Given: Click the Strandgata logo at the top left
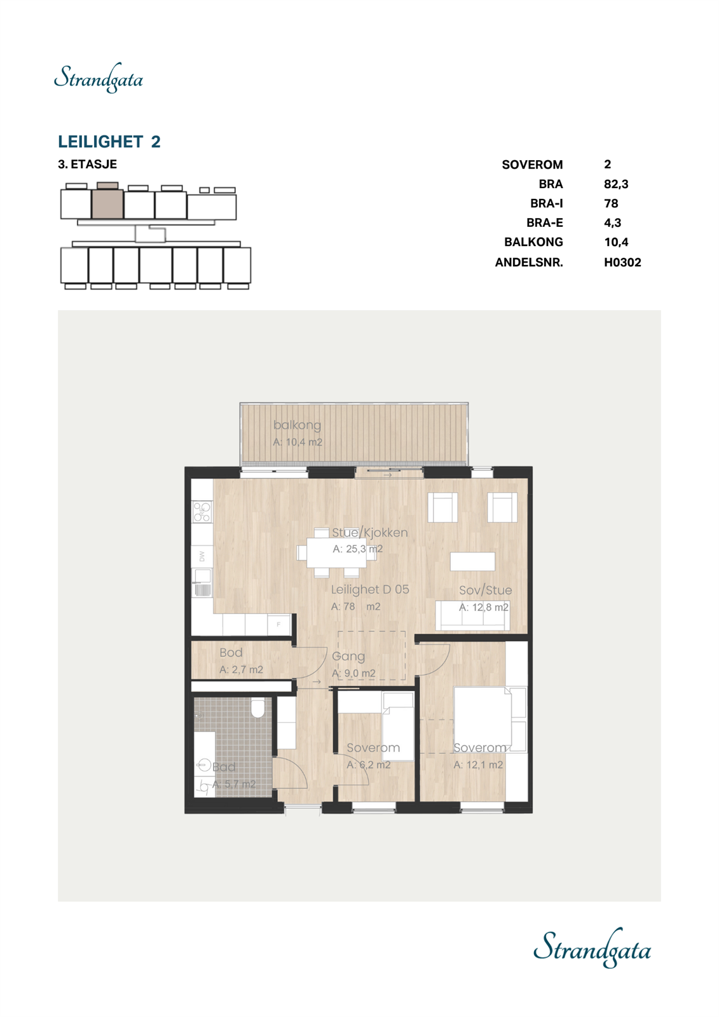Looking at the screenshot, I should pyautogui.click(x=99, y=78).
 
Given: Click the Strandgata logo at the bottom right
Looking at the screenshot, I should pyautogui.click(x=592, y=948).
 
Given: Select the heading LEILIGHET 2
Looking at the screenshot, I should pyautogui.click(x=109, y=141).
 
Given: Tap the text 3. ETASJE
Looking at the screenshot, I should pyautogui.click(x=87, y=164).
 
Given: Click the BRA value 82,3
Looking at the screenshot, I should pyautogui.click(x=615, y=184).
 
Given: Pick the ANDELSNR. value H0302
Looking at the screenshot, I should pyautogui.click(x=622, y=262).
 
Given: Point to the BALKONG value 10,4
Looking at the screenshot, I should pyautogui.click(x=615, y=242).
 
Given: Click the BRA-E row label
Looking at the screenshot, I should pyautogui.click(x=544, y=223).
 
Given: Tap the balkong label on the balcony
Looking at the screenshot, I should pyautogui.click(x=297, y=425).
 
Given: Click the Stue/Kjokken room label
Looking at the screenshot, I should pyautogui.click(x=369, y=533).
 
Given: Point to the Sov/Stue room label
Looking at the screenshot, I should pyautogui.click(x=485, y=590).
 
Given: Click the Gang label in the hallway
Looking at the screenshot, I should pyautogui.click(x=348, y=656).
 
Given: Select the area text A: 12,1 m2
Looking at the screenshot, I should pyautogui.click(x=478, y=765).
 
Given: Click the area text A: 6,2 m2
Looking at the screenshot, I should pyautogui.click(x=369, y=765).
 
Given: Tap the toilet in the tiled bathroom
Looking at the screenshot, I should pyautogui.click(x=257, y=708).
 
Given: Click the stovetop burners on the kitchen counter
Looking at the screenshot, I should pyautogui.click(x=202, y=512).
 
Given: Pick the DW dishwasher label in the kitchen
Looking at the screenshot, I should pyautogui.click(x=202, y=556).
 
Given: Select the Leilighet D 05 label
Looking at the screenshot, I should pyautogui.click(x=370, y=590).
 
